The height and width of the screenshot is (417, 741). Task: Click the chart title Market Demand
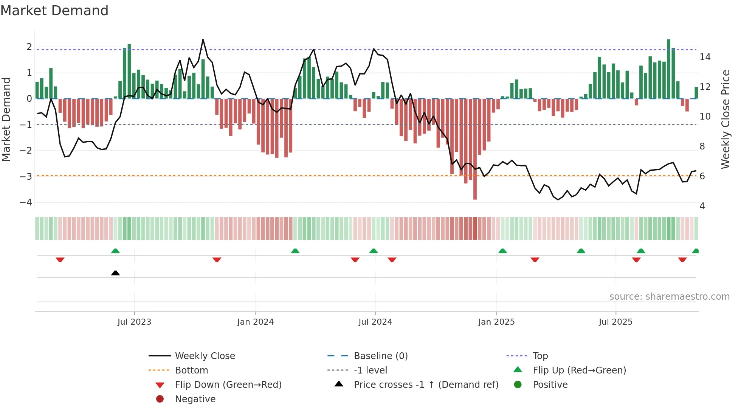54,11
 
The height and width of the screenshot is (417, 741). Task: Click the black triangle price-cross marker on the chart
115,273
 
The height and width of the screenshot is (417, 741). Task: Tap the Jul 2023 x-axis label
134,322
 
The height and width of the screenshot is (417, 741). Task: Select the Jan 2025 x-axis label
496,322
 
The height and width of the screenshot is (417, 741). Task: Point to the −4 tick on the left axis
26,202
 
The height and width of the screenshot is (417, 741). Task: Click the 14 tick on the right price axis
705,57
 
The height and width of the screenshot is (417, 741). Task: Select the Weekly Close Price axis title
725,119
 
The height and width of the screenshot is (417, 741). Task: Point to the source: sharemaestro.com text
669,297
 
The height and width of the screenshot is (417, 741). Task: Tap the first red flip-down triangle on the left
60,260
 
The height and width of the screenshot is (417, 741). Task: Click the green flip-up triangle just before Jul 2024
374,251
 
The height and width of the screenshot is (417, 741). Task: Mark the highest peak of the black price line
203,39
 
